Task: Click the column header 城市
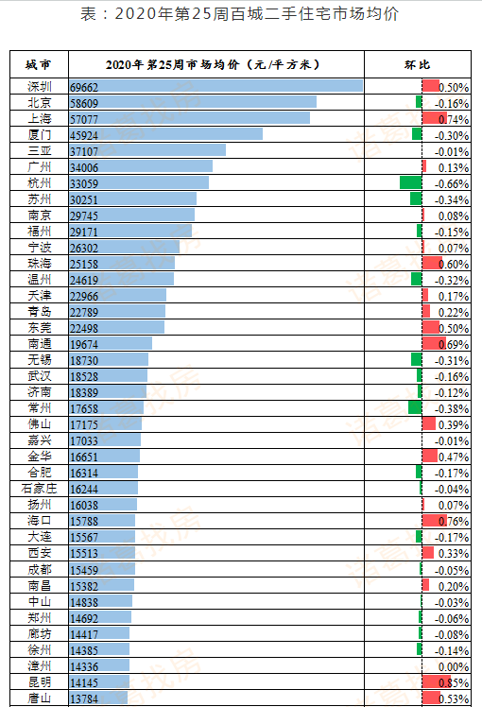[x=39, y=64]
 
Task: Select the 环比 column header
[x=417, y=64]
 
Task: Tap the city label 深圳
[x=39, y=86]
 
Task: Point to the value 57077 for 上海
[x=84, y=118]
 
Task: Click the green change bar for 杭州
[x=410, y=182]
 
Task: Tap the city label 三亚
[x=39, y=150]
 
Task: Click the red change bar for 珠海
[x=430, y=263]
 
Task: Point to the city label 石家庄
[x=39, y=489]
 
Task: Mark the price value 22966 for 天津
[x=84, y=296]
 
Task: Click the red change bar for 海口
[x=431, y=521]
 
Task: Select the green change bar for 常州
[x=415, y=407]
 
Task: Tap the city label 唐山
[x=39, y=698]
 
